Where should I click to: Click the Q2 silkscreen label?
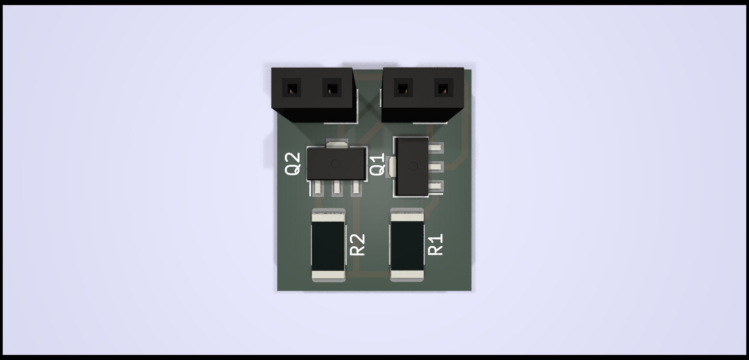pos(293,164)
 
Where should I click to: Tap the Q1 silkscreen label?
pos(377,165)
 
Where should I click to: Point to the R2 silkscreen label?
pos(358,245)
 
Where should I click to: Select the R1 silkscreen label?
pos(436,244)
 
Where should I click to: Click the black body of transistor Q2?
pos(337,164)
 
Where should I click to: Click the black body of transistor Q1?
pos(412,167)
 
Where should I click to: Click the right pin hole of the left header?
pos(332,88)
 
